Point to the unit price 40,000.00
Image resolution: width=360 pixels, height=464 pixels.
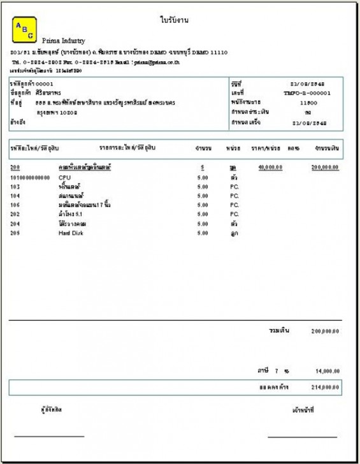point(271,167)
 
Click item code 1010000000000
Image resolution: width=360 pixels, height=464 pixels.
point(29,177)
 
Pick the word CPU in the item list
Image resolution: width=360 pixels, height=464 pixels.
point(64,177)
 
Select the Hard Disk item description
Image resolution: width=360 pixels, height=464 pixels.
point(71,233)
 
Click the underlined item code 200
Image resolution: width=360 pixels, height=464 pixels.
point(15,167)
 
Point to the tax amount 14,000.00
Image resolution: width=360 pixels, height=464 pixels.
point(327,370)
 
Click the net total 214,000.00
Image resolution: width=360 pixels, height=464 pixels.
point(326,387)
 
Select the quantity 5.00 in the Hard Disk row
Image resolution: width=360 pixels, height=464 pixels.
point(202,233)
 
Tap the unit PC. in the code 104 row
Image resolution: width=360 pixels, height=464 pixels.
point(234,196)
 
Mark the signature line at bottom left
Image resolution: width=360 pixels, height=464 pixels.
point(49,437)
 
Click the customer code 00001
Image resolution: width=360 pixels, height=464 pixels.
point(44,83)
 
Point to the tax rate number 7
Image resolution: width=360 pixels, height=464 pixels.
point(276,370)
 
